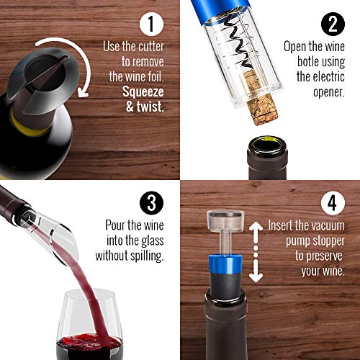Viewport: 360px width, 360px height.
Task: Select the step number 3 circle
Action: point(150,204)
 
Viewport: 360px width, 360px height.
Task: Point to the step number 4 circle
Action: point(330,204)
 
